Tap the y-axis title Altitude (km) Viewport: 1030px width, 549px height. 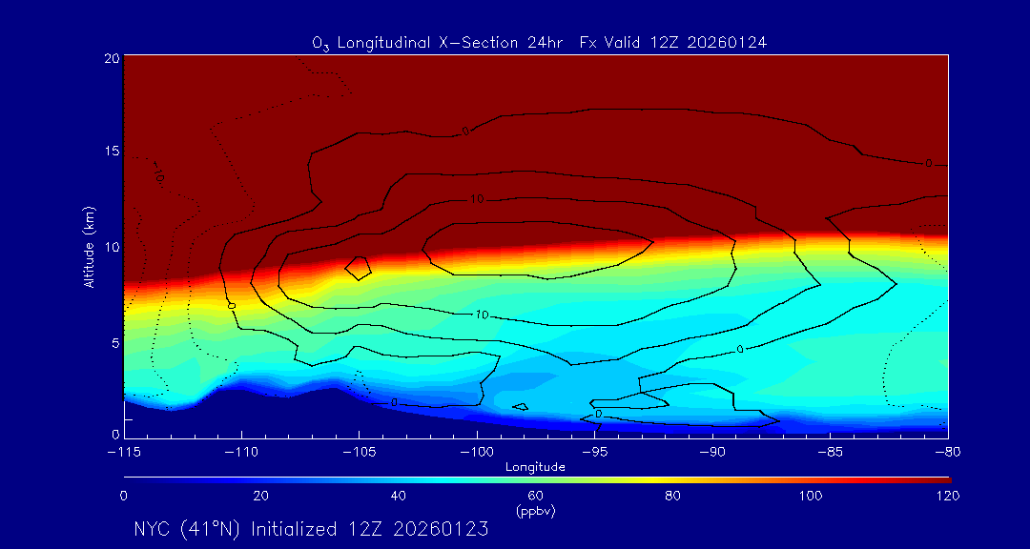[89, 247]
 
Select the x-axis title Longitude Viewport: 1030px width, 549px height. [535, 467]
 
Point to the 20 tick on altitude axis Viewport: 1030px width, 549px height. [112, 59]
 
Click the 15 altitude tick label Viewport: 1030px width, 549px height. [112, 152]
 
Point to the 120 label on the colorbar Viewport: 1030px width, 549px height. [948, 496]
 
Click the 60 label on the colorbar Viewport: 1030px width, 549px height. [536, 496]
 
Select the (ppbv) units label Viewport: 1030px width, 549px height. [536, 510]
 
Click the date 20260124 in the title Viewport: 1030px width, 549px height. [731, 43]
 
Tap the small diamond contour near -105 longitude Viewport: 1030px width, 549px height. [358, 268]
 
